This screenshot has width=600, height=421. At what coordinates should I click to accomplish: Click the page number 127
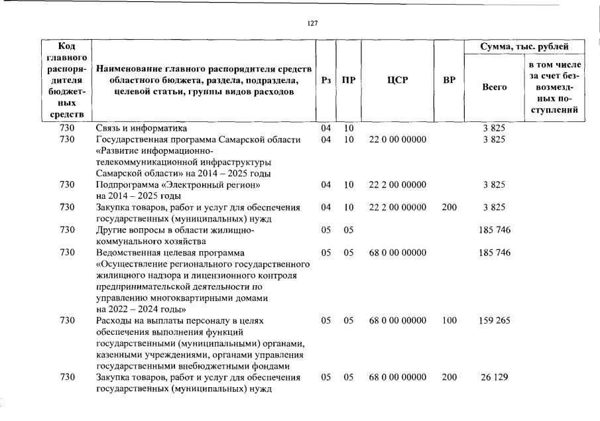coord(313,23)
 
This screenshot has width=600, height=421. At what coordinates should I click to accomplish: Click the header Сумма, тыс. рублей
coord(524,46)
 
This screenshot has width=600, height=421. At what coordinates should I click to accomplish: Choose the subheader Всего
coord(494,87)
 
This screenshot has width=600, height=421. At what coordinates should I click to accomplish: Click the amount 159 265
coord(494,321)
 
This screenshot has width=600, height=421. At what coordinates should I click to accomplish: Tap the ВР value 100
coord(449,321)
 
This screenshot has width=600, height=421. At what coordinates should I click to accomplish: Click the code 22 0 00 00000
coord(397,139)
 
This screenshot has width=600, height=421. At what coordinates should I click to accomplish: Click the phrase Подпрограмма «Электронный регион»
coord(174,184)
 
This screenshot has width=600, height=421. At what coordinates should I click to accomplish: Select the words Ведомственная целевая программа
coord(170,253)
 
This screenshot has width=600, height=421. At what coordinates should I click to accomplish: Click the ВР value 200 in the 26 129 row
coord(449,377)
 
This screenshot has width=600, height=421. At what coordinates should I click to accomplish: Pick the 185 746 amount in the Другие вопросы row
coord(494,230)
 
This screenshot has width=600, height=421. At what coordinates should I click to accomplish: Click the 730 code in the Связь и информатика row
coord(68,128)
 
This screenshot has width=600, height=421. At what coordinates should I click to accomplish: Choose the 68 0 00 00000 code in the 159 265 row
coord(397,321)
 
